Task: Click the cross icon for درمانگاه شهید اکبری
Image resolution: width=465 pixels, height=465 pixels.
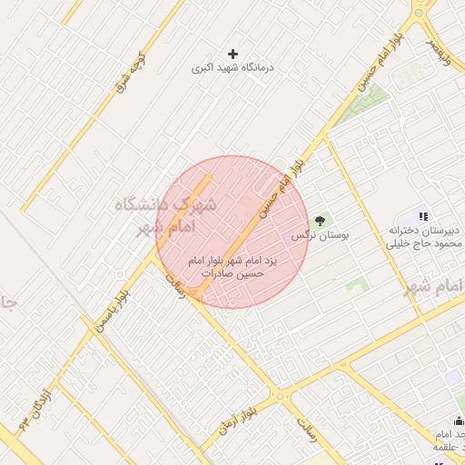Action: point(234,54)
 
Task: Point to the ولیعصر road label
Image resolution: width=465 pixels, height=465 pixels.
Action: point(441,48)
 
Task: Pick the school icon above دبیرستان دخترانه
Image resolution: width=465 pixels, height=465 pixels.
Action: point(423,216)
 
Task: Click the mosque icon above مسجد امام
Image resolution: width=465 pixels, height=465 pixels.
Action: point(459,420)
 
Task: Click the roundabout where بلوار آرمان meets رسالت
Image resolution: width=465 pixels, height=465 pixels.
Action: point(280,396)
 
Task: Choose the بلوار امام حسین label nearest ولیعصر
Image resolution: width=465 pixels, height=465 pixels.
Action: point(380,65)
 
